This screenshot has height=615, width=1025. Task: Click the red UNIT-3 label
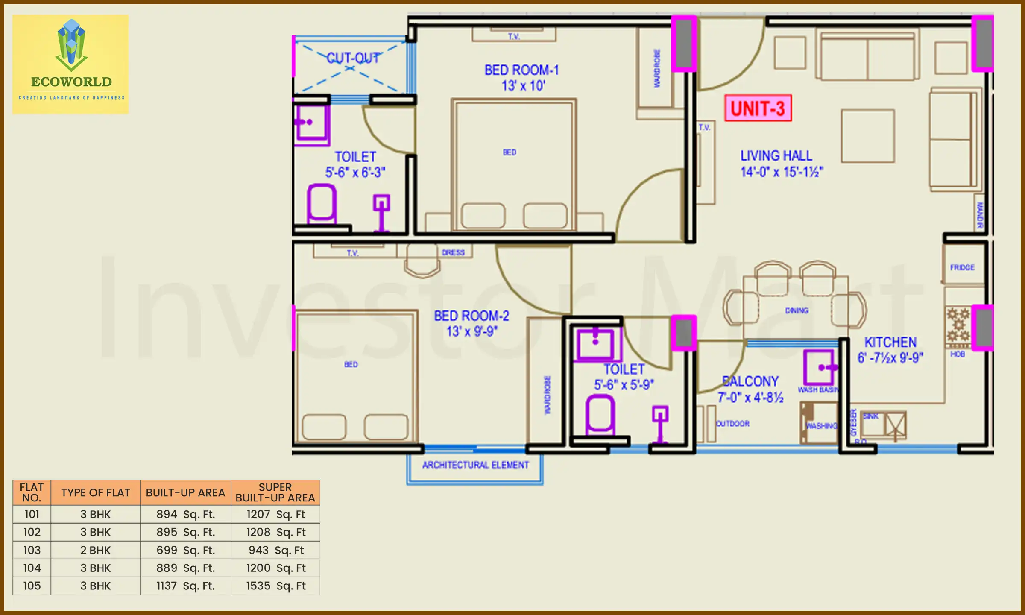click(758, 108)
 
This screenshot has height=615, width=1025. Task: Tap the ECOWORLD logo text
click(71, 82)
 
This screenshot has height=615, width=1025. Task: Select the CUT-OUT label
click(353, 58)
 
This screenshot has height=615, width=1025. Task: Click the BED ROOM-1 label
click(521, 70)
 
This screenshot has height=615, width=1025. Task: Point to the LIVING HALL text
click(776, 155)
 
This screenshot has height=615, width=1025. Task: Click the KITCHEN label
click(890, 342)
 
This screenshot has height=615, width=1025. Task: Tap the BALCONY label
click(750, 381)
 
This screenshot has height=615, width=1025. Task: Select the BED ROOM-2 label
click(471, 316)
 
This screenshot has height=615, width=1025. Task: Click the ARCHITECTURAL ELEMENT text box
click(475, 465)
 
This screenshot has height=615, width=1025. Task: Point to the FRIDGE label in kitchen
click(962, 267)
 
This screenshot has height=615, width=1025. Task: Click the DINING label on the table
click(797, 310)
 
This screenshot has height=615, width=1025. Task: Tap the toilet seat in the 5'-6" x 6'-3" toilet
click(322, 203)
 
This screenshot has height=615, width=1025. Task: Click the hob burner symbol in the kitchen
click(958, 325)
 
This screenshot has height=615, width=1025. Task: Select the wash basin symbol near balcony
click(819, 368)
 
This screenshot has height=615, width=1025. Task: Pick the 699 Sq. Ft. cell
click(185, 550)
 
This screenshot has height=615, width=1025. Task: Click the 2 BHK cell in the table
click(95, 550)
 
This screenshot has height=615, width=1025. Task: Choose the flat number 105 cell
click(32, 586)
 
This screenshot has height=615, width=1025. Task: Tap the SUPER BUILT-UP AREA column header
click(275, 492)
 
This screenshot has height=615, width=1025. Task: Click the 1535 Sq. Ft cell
click(275, 586)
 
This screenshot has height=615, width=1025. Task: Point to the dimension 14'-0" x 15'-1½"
click(782, 172)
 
